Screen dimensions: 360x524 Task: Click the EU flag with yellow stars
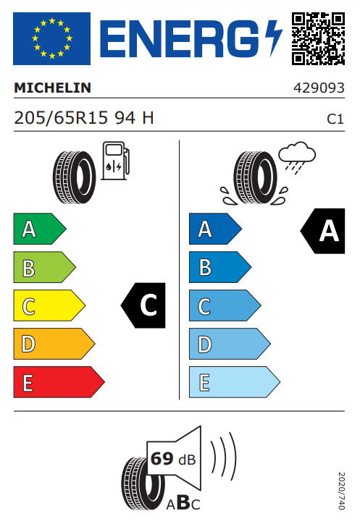tap(51, 38)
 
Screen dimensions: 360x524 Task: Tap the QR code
tap(318, 38)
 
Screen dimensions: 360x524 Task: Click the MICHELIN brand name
tap(53, 88)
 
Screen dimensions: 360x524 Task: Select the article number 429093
tap(319, 88)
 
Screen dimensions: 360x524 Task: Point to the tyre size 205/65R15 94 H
tap(83, 118)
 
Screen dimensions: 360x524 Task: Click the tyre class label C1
tap(335, 119)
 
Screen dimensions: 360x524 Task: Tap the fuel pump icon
tap(115, 161)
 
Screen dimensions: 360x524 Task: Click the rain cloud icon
tap(297, 157)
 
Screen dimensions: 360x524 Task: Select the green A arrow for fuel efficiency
tap(40, 229)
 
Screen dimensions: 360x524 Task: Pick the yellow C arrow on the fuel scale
tap(49, 305)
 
